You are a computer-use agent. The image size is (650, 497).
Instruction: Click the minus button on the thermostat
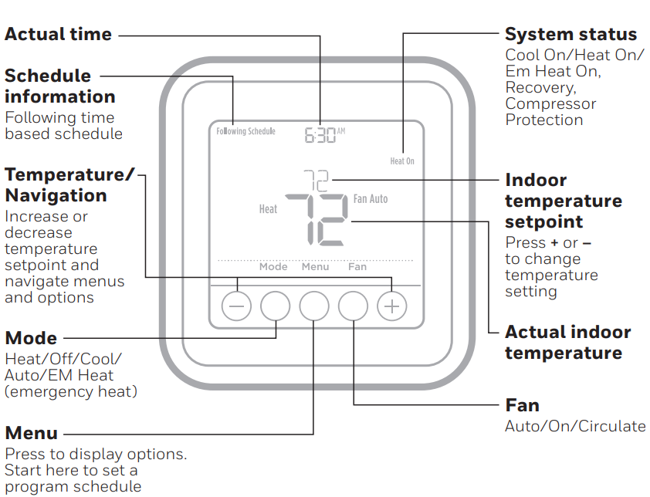(x=236, y=306)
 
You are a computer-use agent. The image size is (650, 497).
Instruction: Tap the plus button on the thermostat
(x=391, y=306)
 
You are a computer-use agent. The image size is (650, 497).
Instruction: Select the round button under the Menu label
(x=314, y=306)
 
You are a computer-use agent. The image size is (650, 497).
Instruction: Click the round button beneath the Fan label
(x=354, y=306)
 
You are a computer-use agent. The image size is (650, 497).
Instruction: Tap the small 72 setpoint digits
(x=315, y=181)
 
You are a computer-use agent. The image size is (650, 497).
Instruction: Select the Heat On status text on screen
(x=401, y=161)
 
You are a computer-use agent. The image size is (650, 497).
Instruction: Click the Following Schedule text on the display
(x=245, y=131)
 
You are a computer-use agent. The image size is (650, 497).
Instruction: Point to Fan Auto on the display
(x=371, y=199)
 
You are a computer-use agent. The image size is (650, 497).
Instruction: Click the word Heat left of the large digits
(x=268, y=209)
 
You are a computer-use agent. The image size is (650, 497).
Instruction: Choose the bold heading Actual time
(x=58, y=35)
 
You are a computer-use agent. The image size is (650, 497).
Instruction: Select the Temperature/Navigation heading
(x=69, y=185)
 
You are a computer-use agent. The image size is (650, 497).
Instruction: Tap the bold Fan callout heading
(x=522, y=405)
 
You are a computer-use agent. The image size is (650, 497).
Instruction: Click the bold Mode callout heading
(x=31, y=338)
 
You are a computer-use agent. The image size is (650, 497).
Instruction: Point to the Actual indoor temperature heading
(x=567, y=343)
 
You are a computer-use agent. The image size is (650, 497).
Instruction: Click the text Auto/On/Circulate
(x=575, y=426)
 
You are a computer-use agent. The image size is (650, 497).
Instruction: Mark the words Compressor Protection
(x=550, y=112)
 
